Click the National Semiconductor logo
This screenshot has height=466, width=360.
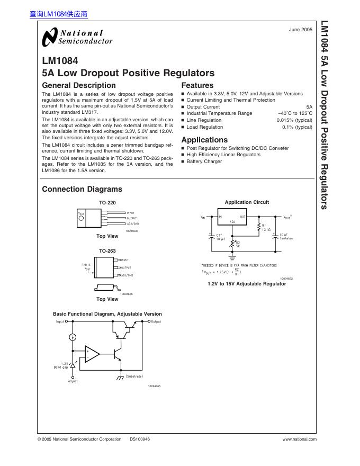point(77,37)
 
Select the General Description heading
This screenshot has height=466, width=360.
point(78,85)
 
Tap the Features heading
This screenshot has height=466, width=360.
point(197,85)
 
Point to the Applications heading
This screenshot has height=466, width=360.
point(204,140)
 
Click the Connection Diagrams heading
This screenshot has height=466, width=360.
point(82,189)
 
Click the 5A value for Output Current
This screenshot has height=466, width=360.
point(309,107)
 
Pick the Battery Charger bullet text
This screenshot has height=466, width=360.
point(204,162)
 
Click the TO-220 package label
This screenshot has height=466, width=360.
point(107,203)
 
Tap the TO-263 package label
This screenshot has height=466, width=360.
point(107,251)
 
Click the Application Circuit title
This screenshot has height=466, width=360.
point(247,202)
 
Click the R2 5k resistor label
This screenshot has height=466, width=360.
point(238,245)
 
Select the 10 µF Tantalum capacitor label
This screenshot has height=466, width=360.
point(286,237)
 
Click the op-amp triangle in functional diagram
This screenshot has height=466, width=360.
point(92,353)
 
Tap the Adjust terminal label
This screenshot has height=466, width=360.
point(73,381)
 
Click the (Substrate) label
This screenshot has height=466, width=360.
point(134,376)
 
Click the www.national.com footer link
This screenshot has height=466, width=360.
point(300,439)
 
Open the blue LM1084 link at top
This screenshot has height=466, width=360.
point(59,15)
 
